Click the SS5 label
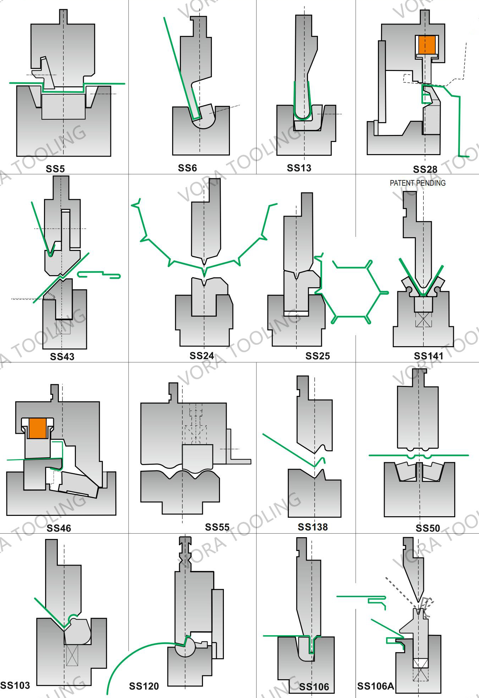tap(55, 169)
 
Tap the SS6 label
tap(187, 168)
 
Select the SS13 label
tap(299, 168)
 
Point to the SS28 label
tap(425, 169)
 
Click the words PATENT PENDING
tap(417, 183)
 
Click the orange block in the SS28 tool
tap(426, 44)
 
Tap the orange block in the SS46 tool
tap(38, 428)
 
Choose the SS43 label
tap(62, 356)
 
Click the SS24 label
tap(202, 355)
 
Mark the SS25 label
tap(318, 356)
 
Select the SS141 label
tap(428, 356)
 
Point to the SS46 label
tap(59, 528)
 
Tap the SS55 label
tap(217, 527)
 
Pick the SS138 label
tap(313, 527)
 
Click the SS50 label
tap(428, 528)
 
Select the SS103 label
tap(15, 685)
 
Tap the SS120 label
tap(144, 686)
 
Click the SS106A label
tap(375, 686)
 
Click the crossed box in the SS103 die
tap(72, 655)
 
